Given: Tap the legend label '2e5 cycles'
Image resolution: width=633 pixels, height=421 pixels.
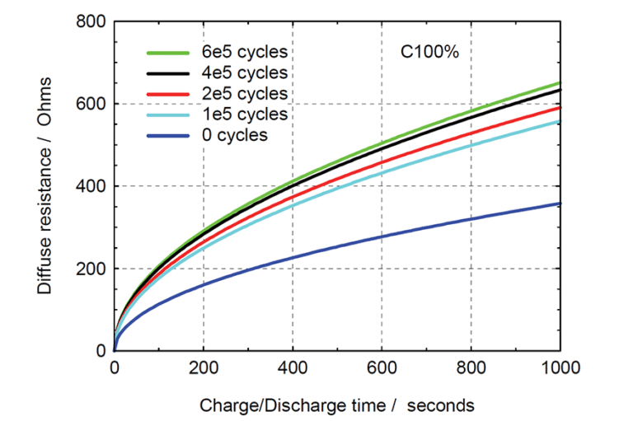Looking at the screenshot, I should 245,93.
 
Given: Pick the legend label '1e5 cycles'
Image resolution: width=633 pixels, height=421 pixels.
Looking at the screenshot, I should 245,114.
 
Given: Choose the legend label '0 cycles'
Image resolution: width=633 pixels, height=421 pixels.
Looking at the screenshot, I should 235,134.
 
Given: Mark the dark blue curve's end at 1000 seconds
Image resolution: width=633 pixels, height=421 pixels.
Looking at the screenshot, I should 560,203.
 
